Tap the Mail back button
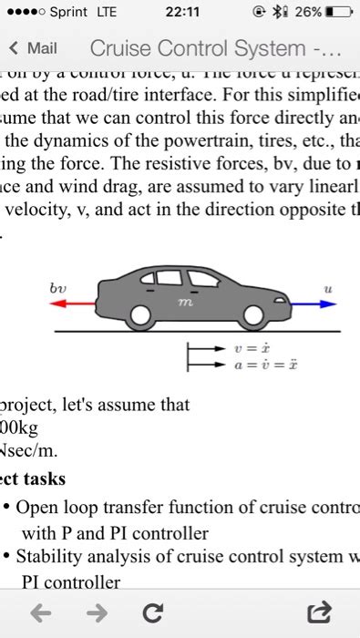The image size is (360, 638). (x=33, y=48)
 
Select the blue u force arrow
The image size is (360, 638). (x=310, y=305)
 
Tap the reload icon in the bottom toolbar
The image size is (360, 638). (x=152, y=613)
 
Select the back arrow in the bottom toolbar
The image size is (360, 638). (x=40, y=613)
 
